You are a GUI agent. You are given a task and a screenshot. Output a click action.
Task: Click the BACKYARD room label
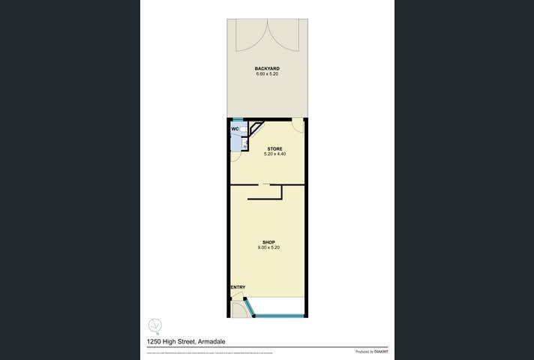(x=267, y=68)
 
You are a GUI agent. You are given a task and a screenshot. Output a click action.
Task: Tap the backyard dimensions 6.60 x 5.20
(x=267, y=74)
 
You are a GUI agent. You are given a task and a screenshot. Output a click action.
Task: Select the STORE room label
(x=275, y=148)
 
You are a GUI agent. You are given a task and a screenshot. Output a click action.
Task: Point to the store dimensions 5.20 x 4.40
(x=275, y=154)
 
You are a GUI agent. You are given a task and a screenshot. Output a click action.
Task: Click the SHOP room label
(x=267, y=242)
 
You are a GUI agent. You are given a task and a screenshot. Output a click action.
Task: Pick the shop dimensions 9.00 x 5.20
(x=267, y=247)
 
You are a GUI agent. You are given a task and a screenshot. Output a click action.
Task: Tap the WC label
(x=235, y=129)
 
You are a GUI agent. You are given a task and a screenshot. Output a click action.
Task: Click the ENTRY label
(x=238, y=287)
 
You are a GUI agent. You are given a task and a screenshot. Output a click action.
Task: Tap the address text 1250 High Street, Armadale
(x=187, y=341)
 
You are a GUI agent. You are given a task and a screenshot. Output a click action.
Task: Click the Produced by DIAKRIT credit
(x=371, y=351)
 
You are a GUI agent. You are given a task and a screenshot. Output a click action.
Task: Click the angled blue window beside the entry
(x=250, y=307)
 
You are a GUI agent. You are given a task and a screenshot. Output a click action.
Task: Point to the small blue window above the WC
(x=237, y=120)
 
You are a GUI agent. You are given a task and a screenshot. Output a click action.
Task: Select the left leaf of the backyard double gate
(x=247, y=34)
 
